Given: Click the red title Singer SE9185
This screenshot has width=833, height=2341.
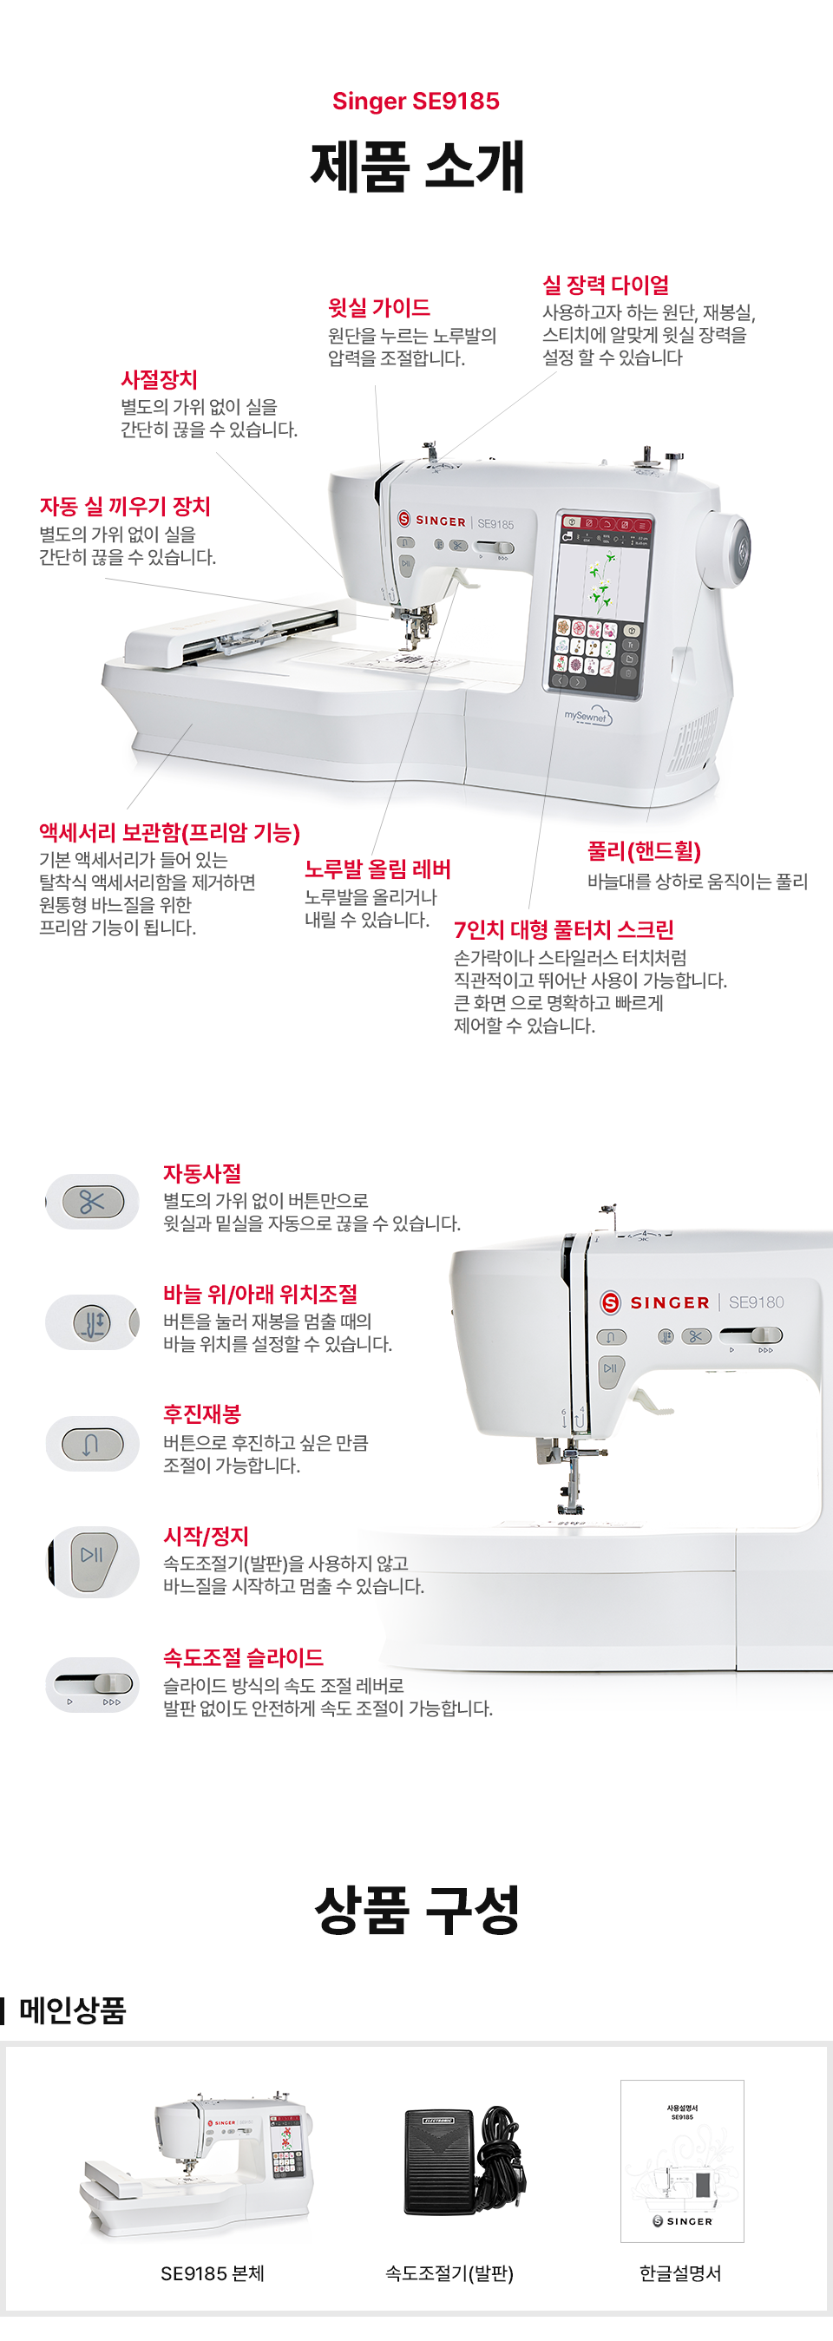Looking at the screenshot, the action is tap(416, 101).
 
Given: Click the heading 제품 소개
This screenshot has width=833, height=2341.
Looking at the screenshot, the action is tap(417, 167).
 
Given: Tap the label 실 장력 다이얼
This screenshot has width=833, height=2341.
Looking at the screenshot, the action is tap(606, 285).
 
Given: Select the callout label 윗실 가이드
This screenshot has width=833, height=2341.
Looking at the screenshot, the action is tap(379, 308).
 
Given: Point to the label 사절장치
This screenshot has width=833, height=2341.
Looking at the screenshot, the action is tap(159, 379).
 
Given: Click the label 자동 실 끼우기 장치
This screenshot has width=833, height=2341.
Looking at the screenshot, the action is tap(124, 506).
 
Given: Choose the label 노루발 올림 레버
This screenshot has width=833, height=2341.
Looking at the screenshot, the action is tap(378, 869).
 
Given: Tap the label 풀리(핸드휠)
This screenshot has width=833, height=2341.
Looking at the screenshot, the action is tap(644, 851).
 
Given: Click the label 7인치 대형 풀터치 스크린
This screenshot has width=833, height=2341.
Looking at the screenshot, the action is tap(563, 929).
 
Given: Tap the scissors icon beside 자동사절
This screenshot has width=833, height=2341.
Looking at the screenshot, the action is tap(93, 1202).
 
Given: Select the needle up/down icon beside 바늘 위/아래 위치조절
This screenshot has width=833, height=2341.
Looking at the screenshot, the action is tap(93, 1322).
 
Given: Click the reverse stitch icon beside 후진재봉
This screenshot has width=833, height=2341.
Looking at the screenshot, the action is tap(93, 1443).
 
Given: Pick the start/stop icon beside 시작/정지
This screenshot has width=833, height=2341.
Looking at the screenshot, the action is tap(93, 1561).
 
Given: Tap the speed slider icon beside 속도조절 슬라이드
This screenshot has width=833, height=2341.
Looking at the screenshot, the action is tap(93, 1685).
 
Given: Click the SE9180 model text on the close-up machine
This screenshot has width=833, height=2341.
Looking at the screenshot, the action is tap(756, 1302).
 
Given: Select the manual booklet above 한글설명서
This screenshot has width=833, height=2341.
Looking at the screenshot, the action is tap(682, 2161).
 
